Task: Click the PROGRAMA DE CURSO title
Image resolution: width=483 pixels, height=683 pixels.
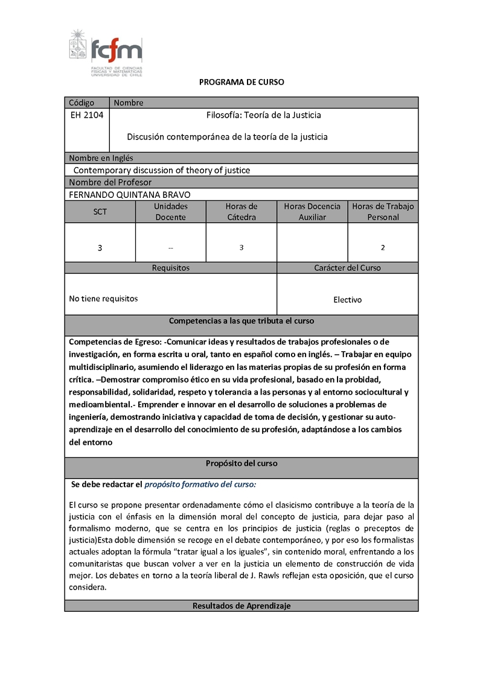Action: click(x=241, y=82)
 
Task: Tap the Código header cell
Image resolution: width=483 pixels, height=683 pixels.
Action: click(x=82, y=103)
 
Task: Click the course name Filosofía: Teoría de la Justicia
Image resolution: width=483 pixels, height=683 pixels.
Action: click(x=264, y=115)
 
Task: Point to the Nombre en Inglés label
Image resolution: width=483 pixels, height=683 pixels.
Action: click(x=101, y=158)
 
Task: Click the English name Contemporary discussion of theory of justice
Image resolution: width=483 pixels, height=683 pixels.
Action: click(x=162, y=170)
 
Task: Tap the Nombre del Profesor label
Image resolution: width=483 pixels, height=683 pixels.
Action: click(x=110, y=182)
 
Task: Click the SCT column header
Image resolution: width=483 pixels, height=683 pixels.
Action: click(x=100, y=212)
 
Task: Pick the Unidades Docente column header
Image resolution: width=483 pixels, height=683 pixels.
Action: click(x=171, y=212)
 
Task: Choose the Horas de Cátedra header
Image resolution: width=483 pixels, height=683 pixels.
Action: click(x=241, y=212)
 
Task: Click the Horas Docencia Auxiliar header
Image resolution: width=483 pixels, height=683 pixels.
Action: click(x=312, y=212)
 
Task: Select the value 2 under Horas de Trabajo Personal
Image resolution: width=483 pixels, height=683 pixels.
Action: click(x=383, y=247)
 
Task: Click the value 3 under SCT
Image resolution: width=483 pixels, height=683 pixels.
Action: click(x=100, y=247)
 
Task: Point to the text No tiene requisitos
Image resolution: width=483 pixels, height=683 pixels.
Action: click(x=103, y=298)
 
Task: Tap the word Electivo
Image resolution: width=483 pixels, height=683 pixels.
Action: click(x=348, y=299)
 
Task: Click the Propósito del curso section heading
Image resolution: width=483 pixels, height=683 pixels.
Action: click(x=241, y=463)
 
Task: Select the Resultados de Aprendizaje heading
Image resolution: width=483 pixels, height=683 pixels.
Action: click(x=241, y=606)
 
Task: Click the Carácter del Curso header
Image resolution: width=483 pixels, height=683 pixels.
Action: click(x=348, y=267)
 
